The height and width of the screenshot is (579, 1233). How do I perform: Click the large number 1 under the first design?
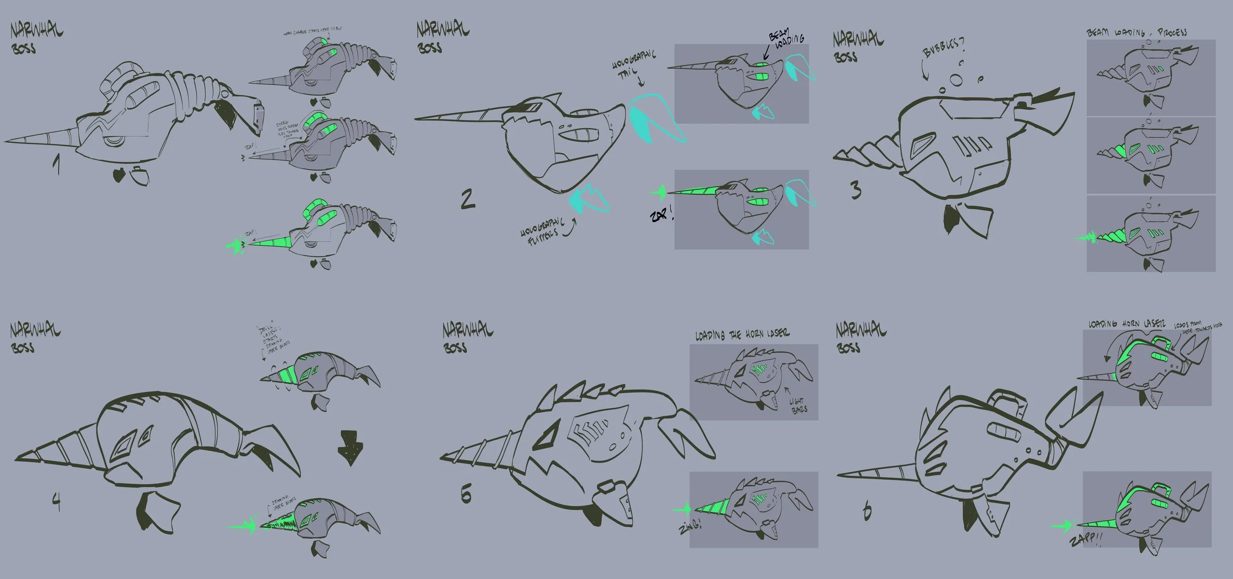point(57,164)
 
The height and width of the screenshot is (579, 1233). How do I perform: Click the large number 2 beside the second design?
point(468,199)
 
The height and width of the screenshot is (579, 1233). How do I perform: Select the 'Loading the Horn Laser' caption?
point(742,335)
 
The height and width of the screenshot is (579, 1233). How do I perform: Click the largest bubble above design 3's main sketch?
point(955,80)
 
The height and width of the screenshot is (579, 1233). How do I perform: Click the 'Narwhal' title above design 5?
point(467,329)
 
